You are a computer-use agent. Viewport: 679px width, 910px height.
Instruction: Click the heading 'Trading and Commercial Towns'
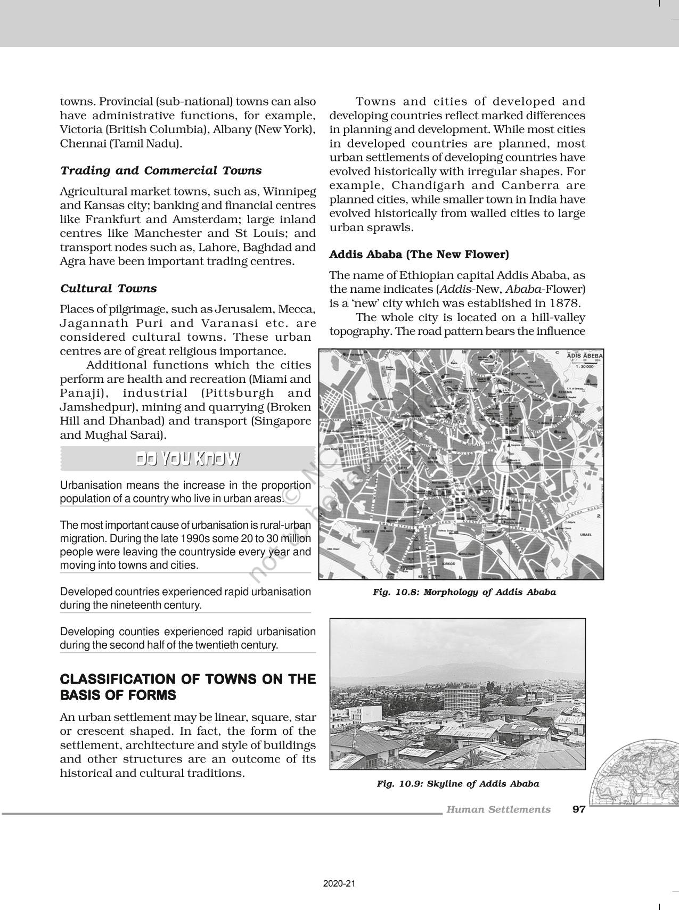point(161,171)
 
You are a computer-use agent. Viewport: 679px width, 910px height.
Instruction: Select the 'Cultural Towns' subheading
point(109,289)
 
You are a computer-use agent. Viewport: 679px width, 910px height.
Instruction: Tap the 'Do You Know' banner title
point(187,459)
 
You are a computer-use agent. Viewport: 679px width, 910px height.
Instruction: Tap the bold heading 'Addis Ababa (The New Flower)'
point(419,255)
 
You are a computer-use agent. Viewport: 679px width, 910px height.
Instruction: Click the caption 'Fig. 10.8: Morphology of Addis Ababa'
point(464,592)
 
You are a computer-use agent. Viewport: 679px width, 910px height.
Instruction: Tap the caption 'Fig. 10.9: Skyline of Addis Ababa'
point(457,784)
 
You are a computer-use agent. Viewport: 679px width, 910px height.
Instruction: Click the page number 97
point(579,809)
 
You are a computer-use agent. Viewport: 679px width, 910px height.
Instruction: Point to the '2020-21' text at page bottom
point(339,883)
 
